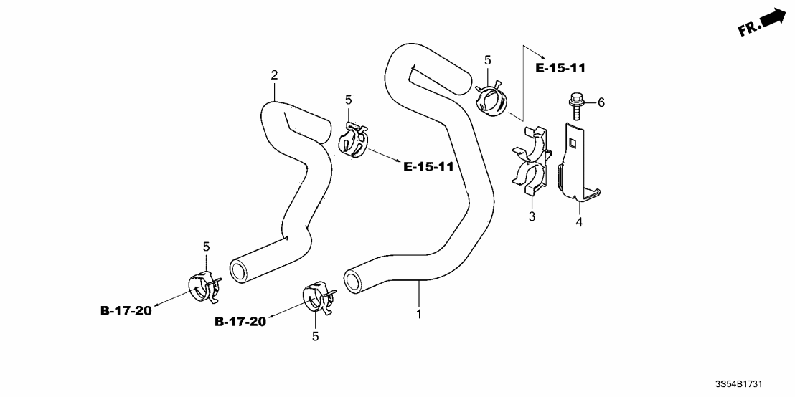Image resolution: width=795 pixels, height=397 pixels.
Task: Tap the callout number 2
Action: pyautogui.click(x=274, y=75)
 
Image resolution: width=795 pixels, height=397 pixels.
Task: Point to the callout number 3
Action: pyautogui.click(x=532, y=216)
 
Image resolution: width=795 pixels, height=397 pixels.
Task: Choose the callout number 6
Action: pyautogui.click(x=601, y=103)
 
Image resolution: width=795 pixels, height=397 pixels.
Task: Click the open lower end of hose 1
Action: pyautogui.click(x=353, y=281)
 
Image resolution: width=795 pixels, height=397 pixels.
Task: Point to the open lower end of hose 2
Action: pyautogui.click(x=237, y=270)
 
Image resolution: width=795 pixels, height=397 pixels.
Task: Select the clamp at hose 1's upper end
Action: pyautogui.click(x=491, y=98)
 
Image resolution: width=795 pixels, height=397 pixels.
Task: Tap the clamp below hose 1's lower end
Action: pyautogui.click(x=317, y=298)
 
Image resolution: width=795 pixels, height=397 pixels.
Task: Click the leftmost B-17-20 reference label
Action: pyautogui.click(x=126, y=310)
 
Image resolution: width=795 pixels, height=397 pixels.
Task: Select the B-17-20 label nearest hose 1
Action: pyautogui.click(x=240, y=322)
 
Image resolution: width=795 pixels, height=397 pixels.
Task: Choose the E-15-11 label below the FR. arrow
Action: pyautogui.click(x=561, y=69)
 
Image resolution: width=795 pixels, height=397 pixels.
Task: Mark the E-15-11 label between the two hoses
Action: pyautogui.click(x=428, y=167)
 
